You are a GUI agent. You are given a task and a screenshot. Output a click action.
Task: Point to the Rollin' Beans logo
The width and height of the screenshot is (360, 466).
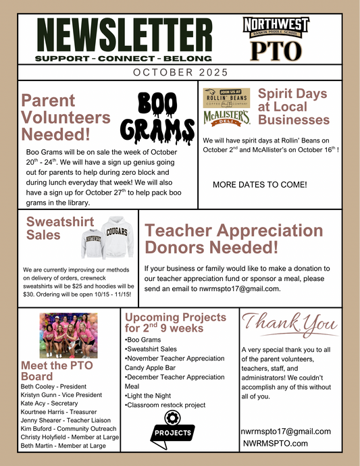click(226, 97)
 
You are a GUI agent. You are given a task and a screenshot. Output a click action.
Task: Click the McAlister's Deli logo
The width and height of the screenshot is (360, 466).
click(226, 118)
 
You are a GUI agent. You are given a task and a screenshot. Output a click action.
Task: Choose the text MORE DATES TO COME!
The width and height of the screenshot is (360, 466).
click(260, 184)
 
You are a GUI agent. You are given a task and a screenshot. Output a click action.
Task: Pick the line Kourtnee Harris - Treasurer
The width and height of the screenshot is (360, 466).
click(59, 411)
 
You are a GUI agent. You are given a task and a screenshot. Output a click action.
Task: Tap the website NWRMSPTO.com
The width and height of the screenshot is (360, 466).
click(276, 443)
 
